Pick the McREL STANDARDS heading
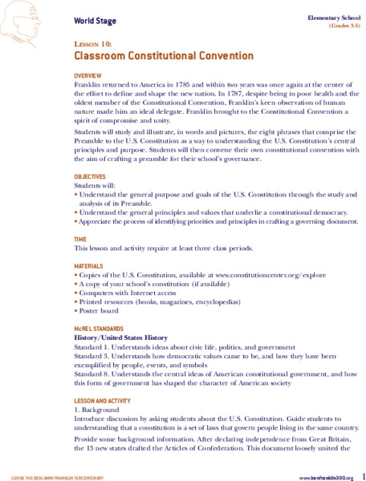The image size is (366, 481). [100, 329]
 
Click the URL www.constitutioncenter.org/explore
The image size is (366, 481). [250, 276]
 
